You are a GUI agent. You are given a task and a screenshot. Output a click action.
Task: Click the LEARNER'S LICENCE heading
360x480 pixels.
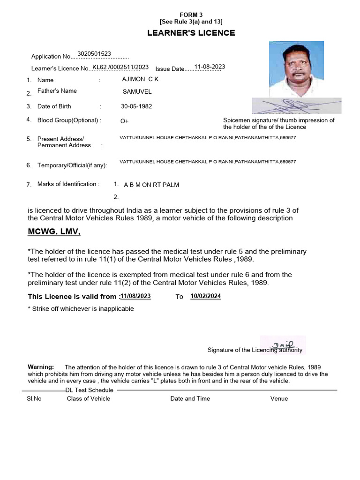pyautogui.click(x=191, y=33)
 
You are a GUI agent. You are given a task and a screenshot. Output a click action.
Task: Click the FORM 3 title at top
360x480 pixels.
pyautogui.click(x=191, y=15)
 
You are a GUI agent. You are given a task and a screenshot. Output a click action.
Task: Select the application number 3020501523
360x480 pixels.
pyautogui.click(x=94, y=54)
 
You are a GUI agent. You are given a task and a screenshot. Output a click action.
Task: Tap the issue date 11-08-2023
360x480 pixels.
pyautogui.click(x=210, y=67)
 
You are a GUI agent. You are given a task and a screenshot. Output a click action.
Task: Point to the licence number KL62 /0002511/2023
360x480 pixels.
pyautogui.click(x=120, y=67)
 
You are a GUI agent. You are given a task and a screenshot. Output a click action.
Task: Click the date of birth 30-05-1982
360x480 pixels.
pyautogui.click(x=136, y=106)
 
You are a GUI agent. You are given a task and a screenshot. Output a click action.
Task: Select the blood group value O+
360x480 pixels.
pyautogui.click(x=124, y=121)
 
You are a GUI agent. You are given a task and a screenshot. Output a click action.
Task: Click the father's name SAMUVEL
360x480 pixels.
pyautogui.click(x=137, y=92)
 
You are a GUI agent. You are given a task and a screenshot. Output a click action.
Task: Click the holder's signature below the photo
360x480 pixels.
pyautogui.click(x=296, y=106)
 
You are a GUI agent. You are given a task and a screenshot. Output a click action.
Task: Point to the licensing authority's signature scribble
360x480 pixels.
pyautogui.click(x=284, y=345)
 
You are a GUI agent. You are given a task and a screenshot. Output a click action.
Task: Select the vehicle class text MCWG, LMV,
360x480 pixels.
pyautogui.click(x=54, y=232)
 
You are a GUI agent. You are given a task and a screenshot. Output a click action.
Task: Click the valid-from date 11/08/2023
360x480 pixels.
pyautogui.click(x=135, y=296)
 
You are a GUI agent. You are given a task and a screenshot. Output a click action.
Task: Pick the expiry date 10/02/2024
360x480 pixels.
pyautogui.click(x=206, y=296)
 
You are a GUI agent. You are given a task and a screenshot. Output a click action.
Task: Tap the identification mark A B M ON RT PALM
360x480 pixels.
pyautogui.click(x=151, y=185)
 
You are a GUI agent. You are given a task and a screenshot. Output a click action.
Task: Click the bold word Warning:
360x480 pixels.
pyautogui.click(x=41, y=367)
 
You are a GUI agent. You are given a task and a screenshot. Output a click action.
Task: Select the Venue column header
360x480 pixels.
pyautogui.click(x=279, y=398)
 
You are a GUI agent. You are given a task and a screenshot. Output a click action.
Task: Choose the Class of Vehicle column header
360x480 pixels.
pyautogui.click(x=88, y=398)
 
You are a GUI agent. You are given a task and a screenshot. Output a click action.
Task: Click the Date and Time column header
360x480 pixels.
pyautogui.click(x=190, y=398)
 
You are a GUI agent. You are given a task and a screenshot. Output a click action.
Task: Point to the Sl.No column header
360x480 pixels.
pyautogui.click(x=34, y=398)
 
